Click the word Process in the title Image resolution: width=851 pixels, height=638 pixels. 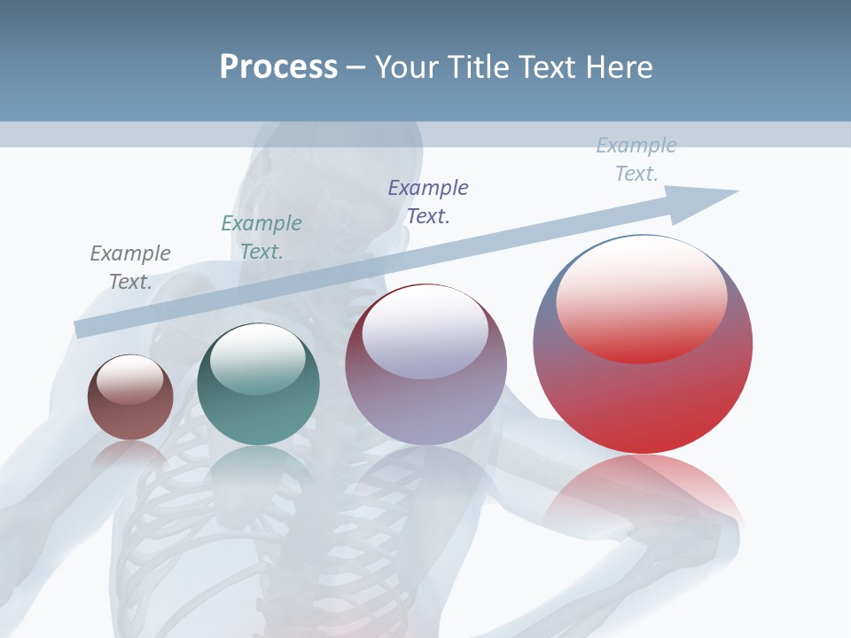278,67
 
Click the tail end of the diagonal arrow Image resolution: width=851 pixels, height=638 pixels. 82,329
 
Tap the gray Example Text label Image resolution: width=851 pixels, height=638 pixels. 130,267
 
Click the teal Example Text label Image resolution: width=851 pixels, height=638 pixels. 262,237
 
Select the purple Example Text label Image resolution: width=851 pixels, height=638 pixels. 428,201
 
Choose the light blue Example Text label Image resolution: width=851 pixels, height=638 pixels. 636,159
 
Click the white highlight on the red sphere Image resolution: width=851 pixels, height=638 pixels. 642,300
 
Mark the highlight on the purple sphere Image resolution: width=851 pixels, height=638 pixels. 425,331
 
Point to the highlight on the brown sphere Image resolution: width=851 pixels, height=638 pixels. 130,379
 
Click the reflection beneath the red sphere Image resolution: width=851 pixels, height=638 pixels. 643,492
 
